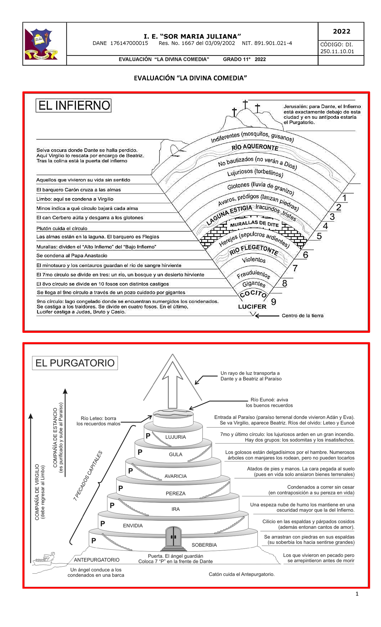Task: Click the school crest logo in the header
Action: pos(41,44)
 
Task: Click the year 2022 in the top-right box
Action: pos(342,31)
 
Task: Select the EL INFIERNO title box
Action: pos(73,105)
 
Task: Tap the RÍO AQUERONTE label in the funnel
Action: pos(255,147)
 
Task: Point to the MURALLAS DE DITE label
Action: pos(254,224)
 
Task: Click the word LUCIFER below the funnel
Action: pos(252,307)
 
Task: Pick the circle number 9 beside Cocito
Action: pos(274,301)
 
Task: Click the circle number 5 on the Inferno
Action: pos(319,236)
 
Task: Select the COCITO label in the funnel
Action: pos(253,294)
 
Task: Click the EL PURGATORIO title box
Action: pos(75,363)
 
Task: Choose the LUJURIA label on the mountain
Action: pos(176,437)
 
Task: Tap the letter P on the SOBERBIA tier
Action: pos(94,541)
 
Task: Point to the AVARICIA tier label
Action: pos(176,476)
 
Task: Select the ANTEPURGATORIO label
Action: pos(97,560)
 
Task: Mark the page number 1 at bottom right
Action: pos(357,594)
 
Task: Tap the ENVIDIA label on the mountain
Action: pos(133,525)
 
